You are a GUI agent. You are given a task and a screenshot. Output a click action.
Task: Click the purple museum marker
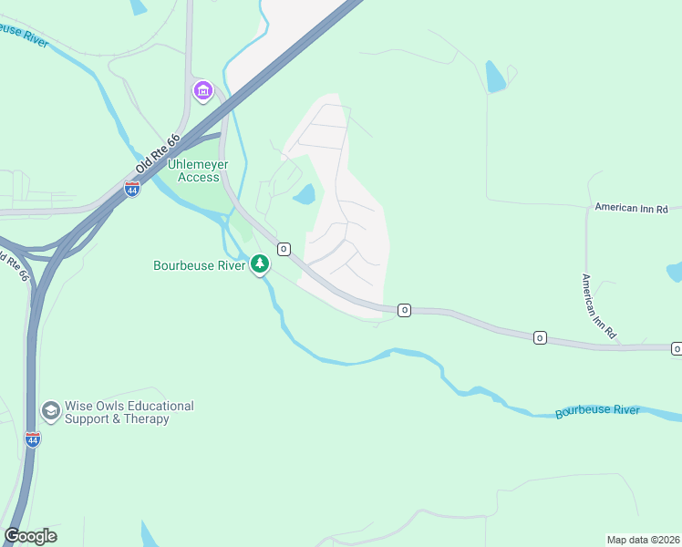point(202,91)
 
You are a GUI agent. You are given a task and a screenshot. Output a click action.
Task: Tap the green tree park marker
point(261,264)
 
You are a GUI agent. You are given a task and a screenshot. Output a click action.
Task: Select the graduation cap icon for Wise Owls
point(51,412)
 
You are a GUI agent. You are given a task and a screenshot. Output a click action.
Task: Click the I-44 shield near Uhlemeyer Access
point(132,190)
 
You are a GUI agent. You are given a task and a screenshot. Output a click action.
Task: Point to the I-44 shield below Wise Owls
point(33,440)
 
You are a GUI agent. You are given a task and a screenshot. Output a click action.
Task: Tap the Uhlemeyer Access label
point(198,170)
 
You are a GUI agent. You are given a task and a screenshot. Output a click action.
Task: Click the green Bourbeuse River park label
point(199,266)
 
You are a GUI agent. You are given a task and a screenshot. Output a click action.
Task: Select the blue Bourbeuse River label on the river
point(597,411)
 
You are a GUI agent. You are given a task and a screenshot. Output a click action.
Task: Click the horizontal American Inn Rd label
point(631,208)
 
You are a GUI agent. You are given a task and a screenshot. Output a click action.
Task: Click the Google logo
point(30,536)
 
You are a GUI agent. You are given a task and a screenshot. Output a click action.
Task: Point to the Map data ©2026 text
point(643,539)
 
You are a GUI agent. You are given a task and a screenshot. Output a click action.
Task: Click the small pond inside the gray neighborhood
point(304,194)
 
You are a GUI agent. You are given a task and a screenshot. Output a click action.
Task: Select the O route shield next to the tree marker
point(284,249)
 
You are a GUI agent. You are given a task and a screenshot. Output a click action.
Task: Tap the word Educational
point(151,406)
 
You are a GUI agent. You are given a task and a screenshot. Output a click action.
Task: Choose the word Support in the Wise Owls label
point(88,419)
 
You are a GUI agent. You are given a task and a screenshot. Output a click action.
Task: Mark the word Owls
point(98,406)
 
